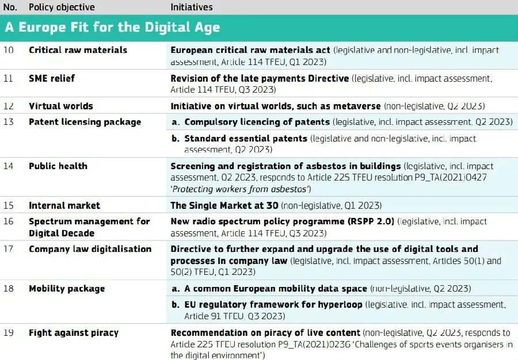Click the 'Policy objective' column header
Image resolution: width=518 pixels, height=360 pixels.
62,7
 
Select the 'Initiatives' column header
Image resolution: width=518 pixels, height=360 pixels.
192,7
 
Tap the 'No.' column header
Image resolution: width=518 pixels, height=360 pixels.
10,7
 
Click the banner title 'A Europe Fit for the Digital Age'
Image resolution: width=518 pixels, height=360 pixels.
112,28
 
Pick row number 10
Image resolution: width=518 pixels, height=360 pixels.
8,50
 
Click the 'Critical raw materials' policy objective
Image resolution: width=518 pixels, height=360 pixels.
78,50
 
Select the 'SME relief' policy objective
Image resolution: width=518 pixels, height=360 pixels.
52,78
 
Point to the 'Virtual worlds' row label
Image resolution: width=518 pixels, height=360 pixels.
61,106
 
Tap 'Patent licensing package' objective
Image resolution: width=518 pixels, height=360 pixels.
85,122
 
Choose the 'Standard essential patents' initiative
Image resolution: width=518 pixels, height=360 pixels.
246,138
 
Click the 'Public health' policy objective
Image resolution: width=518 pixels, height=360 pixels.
58,166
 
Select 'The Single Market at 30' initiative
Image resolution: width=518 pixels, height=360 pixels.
224,205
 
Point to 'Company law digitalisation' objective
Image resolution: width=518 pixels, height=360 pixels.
90,249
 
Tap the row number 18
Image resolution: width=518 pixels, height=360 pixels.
8,288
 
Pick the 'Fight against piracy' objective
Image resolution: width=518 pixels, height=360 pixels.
74,332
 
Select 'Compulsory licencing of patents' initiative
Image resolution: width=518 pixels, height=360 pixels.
257,122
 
